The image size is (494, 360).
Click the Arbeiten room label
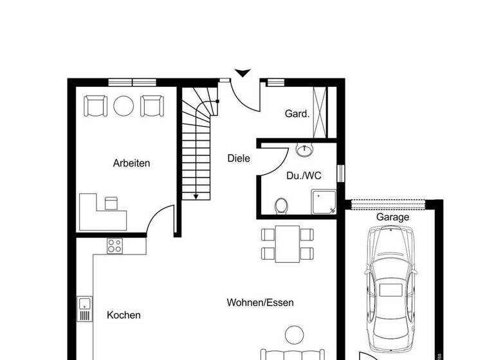pos(131,163)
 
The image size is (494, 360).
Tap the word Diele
pos(239,158)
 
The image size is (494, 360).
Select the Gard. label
pos(297,114)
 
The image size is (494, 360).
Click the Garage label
pos(392,217)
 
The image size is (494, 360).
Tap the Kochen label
pos(123,315)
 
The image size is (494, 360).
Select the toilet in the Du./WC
pos(280,206)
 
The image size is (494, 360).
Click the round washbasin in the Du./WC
pos(304,150)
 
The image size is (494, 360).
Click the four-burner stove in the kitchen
pos(115,245)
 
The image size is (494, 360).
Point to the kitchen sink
pos(84,309)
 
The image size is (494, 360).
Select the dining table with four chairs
pos(288,244)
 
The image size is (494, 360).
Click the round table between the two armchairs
pos(123,105)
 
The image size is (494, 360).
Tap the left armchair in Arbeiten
pos(95,105)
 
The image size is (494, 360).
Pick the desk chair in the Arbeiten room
pos(112,203)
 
